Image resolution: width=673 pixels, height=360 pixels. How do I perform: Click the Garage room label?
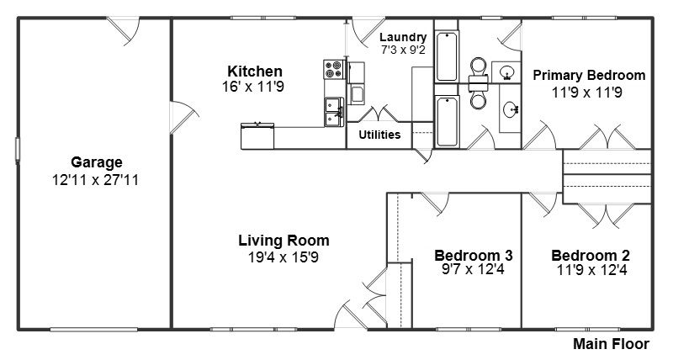(97, 162)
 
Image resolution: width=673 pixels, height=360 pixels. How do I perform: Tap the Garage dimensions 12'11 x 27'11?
(96, 180)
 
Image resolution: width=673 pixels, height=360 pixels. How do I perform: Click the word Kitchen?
(255, 71)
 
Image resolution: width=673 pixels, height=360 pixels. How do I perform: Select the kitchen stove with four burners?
(334, 69)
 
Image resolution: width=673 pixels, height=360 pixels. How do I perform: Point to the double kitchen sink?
(334, 112)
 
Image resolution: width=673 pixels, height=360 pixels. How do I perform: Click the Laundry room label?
(403, 38)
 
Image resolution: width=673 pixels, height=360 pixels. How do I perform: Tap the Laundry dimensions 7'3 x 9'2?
(403, 50)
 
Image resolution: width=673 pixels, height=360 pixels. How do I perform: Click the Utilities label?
(379, 135)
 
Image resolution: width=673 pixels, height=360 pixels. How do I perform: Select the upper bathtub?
(447, 56)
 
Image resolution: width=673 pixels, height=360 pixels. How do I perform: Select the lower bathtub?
(447, 121)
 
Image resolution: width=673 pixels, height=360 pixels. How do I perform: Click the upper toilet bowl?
(478, 66)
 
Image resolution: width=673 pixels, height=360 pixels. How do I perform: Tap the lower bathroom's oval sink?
(511, 110)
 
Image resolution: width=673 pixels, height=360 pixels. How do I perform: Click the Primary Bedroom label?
(589, 76)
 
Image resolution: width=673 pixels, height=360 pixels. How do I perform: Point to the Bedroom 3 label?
(473, 256)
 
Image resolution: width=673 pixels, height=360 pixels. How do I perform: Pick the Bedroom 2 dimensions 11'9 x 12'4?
(591, 270)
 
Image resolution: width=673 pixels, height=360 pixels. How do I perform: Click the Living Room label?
(284, 241)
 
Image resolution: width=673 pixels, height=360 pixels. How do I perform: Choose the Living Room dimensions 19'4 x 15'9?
(284, 257)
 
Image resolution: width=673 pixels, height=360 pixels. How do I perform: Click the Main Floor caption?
(611, 344)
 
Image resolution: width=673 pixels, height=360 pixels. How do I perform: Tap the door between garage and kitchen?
(183, 117)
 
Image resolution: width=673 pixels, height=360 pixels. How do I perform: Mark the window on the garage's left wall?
(18, 150)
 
